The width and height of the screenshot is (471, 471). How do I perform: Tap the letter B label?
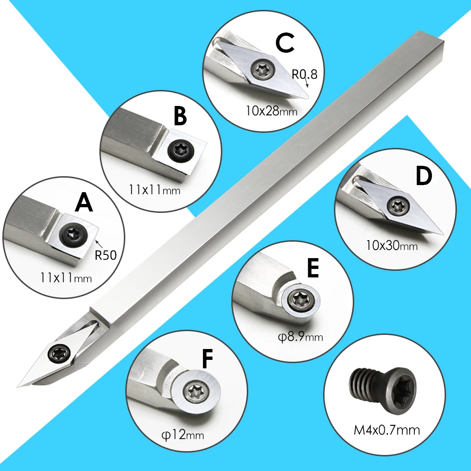[180, 116]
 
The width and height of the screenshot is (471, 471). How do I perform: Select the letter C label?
[284, 43]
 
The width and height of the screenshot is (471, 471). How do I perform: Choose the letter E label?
[313, 268]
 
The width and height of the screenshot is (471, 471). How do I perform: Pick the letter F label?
[208, 358]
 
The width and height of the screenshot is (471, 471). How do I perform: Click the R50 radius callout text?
[106, 255]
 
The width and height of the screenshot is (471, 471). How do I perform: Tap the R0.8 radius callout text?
[304, 74]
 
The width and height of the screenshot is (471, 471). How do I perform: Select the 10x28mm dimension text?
[272, 111]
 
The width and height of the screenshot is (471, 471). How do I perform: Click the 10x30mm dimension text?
[392, 246]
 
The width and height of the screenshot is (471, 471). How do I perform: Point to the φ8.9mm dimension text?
[300, 337]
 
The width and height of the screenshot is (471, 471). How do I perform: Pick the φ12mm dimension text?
[183, 435]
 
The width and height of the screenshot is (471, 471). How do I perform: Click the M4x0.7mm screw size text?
[387, 430]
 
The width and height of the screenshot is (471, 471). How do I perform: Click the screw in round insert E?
[299, 299]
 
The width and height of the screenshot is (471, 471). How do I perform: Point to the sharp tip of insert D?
[443, 234]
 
